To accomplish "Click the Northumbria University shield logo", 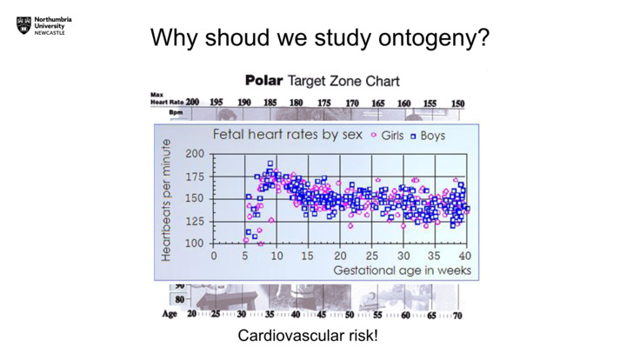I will (23, 27).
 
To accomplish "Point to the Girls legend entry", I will (388, 136).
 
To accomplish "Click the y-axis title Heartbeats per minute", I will (166, 199).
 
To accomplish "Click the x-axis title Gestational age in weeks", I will (403, 270).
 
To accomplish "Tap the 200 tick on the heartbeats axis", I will (196, 154).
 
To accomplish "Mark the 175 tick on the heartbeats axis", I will (196, 177).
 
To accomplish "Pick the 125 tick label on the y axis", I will (196, 221).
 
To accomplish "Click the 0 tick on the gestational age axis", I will (214, 256).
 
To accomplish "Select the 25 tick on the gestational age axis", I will (371, 256).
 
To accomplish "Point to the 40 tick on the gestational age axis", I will (465, 256).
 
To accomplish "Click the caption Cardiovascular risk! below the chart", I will (308, 335).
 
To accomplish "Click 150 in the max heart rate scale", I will (457, 103).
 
